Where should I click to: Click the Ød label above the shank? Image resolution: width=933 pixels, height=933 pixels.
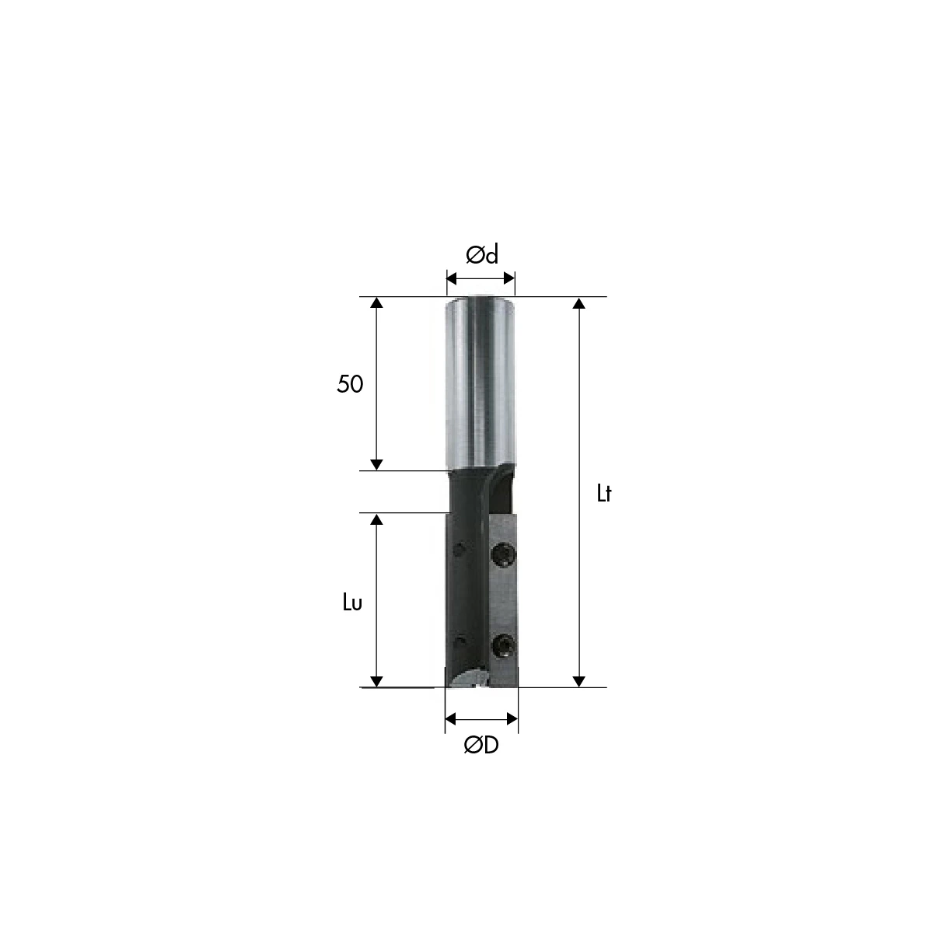pyautogui.click(x=482, y=255)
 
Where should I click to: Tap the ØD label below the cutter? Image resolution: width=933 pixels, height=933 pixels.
pyautogui.click(x=481, y=746)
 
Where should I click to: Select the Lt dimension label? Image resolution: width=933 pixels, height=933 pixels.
pyautogui.click(x=604, y=494)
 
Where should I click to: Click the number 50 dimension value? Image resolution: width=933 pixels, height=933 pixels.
pyautogui.click(x=350, y=384)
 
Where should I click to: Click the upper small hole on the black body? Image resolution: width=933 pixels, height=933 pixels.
pyautogui.click(x=460, y=550)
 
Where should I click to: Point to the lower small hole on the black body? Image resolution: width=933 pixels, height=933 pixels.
pyautogui.click(x=460, y=642)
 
